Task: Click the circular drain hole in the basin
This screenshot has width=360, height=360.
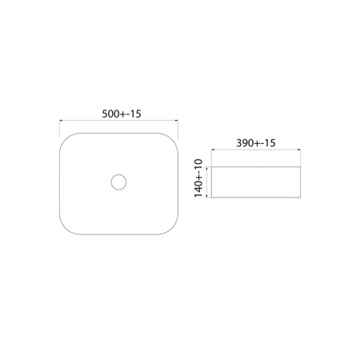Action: point(118,182)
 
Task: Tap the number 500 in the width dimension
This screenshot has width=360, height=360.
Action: point(110,114)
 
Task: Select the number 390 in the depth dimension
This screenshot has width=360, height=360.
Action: point(244,143)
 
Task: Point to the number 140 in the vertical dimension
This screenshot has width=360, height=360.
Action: point(198,188)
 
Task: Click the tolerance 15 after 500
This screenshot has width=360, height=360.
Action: point(136,114)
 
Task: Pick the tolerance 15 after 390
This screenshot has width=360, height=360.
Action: point(270,143)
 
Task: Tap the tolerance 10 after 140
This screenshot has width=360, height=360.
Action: point(198,164)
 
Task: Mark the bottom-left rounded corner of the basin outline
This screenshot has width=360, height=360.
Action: point(66,228)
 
